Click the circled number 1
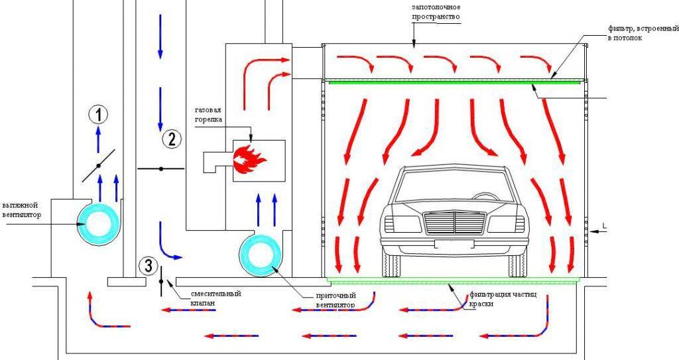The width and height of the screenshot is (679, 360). [98, 115]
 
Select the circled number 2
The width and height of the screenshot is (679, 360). [171, 139]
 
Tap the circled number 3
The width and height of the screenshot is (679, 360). [148, 267]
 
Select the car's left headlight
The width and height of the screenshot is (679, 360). [402, 223]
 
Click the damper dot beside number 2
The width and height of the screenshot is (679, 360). [160, 169]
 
